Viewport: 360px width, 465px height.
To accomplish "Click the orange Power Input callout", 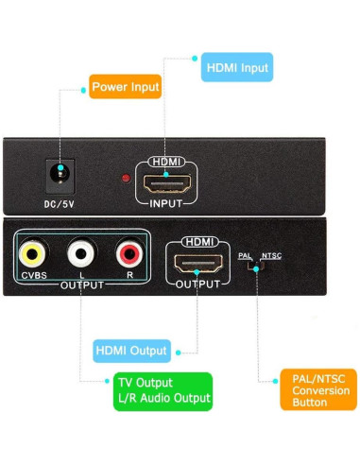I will click(x=125, y=88).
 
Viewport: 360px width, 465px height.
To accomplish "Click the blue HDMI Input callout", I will click(x=236, y=68).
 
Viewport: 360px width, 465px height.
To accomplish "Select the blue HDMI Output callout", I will click(x=132, y=352).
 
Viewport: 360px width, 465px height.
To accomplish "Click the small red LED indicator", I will click(x=125, y=179).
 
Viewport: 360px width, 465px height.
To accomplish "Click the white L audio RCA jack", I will click(x=80, y=253).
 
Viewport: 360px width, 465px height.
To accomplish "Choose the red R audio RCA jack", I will click(x=129, y=253).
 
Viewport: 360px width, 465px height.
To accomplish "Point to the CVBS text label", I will click(x=33, y=275).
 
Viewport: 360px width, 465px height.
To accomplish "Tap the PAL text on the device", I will click(x=245, y=255).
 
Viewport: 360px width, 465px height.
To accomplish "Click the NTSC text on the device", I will click(x=271, y=255).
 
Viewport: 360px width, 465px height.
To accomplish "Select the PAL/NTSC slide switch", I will click(x=256, y=266).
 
